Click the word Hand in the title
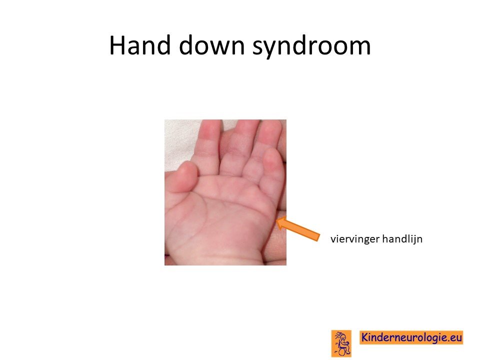tap(139, 45)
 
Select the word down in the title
tap(212, 45)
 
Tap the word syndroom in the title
tap(311, 46)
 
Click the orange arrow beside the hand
tap(297, 228)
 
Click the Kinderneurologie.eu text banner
tap(411, 337)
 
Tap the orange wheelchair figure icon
tap(341, 343)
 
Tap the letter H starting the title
tap(116, 45)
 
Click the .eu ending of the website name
tap(454, 337)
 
